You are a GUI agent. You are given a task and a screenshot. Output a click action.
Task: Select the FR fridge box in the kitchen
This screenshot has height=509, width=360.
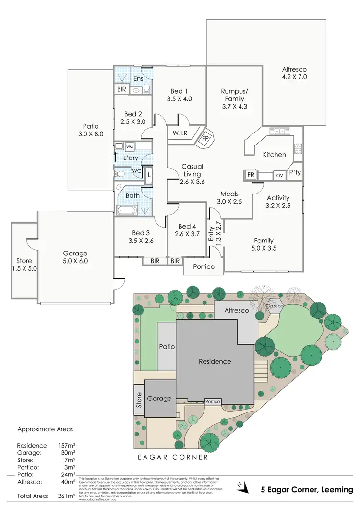coord(251,175)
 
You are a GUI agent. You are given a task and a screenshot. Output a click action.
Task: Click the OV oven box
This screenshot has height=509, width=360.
coord(279,175)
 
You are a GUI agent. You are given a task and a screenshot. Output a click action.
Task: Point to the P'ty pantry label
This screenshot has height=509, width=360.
coord(295,172)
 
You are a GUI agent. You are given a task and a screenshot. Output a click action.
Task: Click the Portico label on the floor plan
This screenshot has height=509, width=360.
coord(203,267)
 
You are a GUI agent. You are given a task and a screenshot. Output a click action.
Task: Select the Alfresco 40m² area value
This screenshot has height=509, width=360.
coord(70,482)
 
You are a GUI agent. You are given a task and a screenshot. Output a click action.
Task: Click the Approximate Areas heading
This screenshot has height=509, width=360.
coord(46,429)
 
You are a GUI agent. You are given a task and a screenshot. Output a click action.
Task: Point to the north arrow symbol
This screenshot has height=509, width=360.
coord(244,489)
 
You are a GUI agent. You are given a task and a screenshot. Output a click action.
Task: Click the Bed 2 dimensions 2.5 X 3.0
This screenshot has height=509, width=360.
coord(133,122)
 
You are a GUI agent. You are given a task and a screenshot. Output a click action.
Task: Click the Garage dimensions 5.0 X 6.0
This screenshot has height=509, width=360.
coord(75,261)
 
